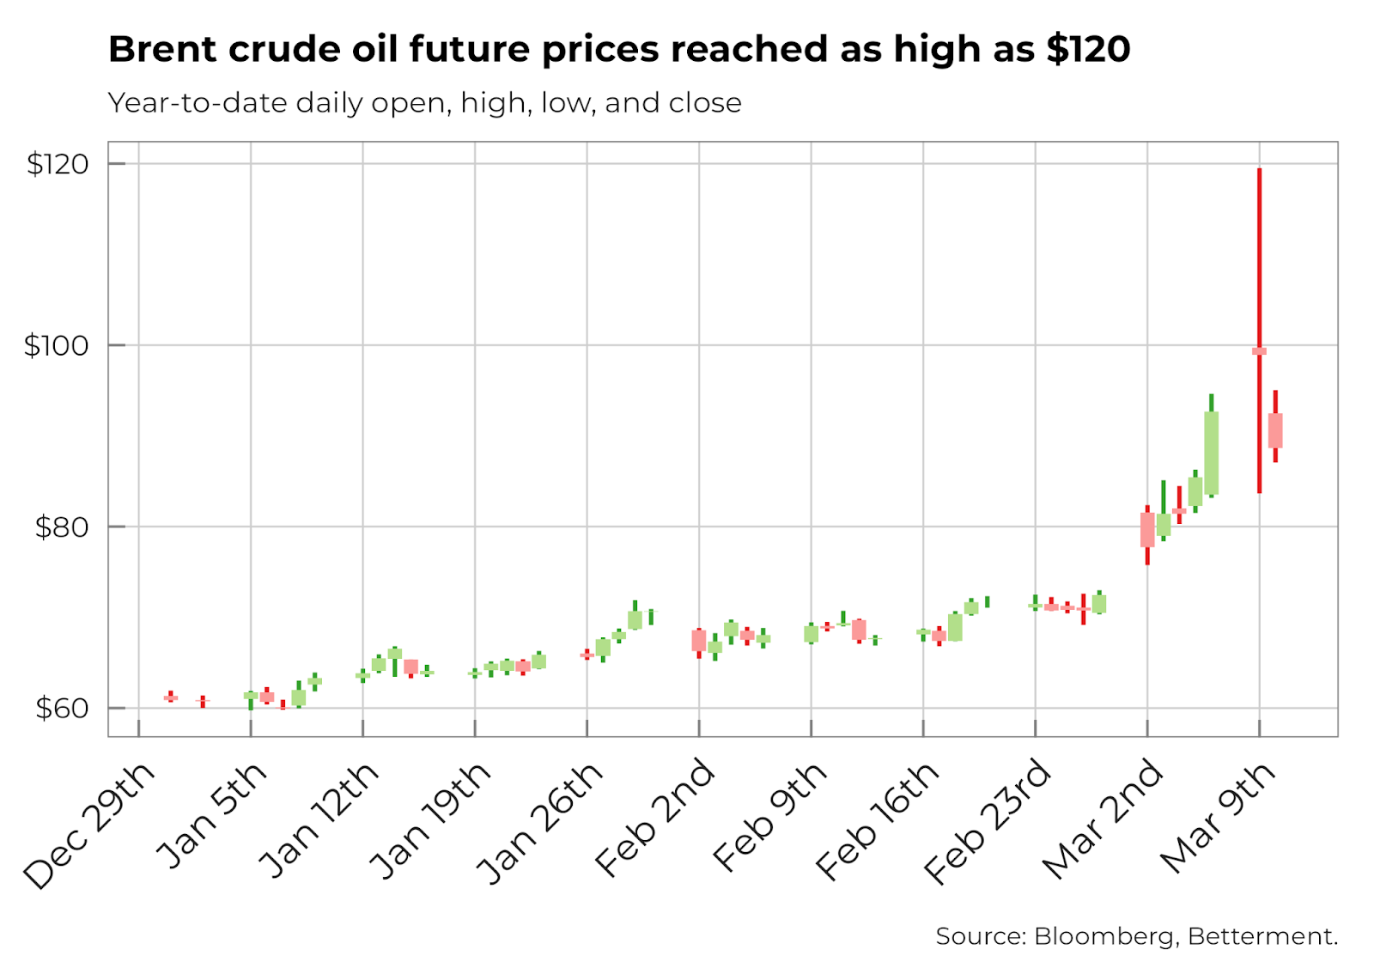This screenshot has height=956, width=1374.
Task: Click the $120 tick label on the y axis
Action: coord(58,164)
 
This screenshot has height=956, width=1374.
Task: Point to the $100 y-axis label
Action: coord(56,345)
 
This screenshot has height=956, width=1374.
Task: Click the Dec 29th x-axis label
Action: coord(89,825)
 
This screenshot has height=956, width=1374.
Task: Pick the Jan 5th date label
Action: coord(212,814)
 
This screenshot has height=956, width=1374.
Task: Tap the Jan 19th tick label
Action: coord(430,820)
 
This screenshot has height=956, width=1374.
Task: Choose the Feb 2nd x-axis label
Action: coord(654,818)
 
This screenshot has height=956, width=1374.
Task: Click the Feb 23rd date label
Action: coord(988,821)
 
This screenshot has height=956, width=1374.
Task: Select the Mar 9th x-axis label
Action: coord(1218,816)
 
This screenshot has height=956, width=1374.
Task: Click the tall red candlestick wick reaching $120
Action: coord(1259,258)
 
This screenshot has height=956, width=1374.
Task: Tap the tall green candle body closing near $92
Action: coord(1212,454)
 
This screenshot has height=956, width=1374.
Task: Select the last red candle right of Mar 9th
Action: coord(1275,430)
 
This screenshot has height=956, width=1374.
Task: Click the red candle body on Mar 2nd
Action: coord(1147,530)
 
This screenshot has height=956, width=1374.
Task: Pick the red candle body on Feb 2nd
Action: coord(699,640)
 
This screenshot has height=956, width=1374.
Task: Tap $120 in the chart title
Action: coord(1088,50)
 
